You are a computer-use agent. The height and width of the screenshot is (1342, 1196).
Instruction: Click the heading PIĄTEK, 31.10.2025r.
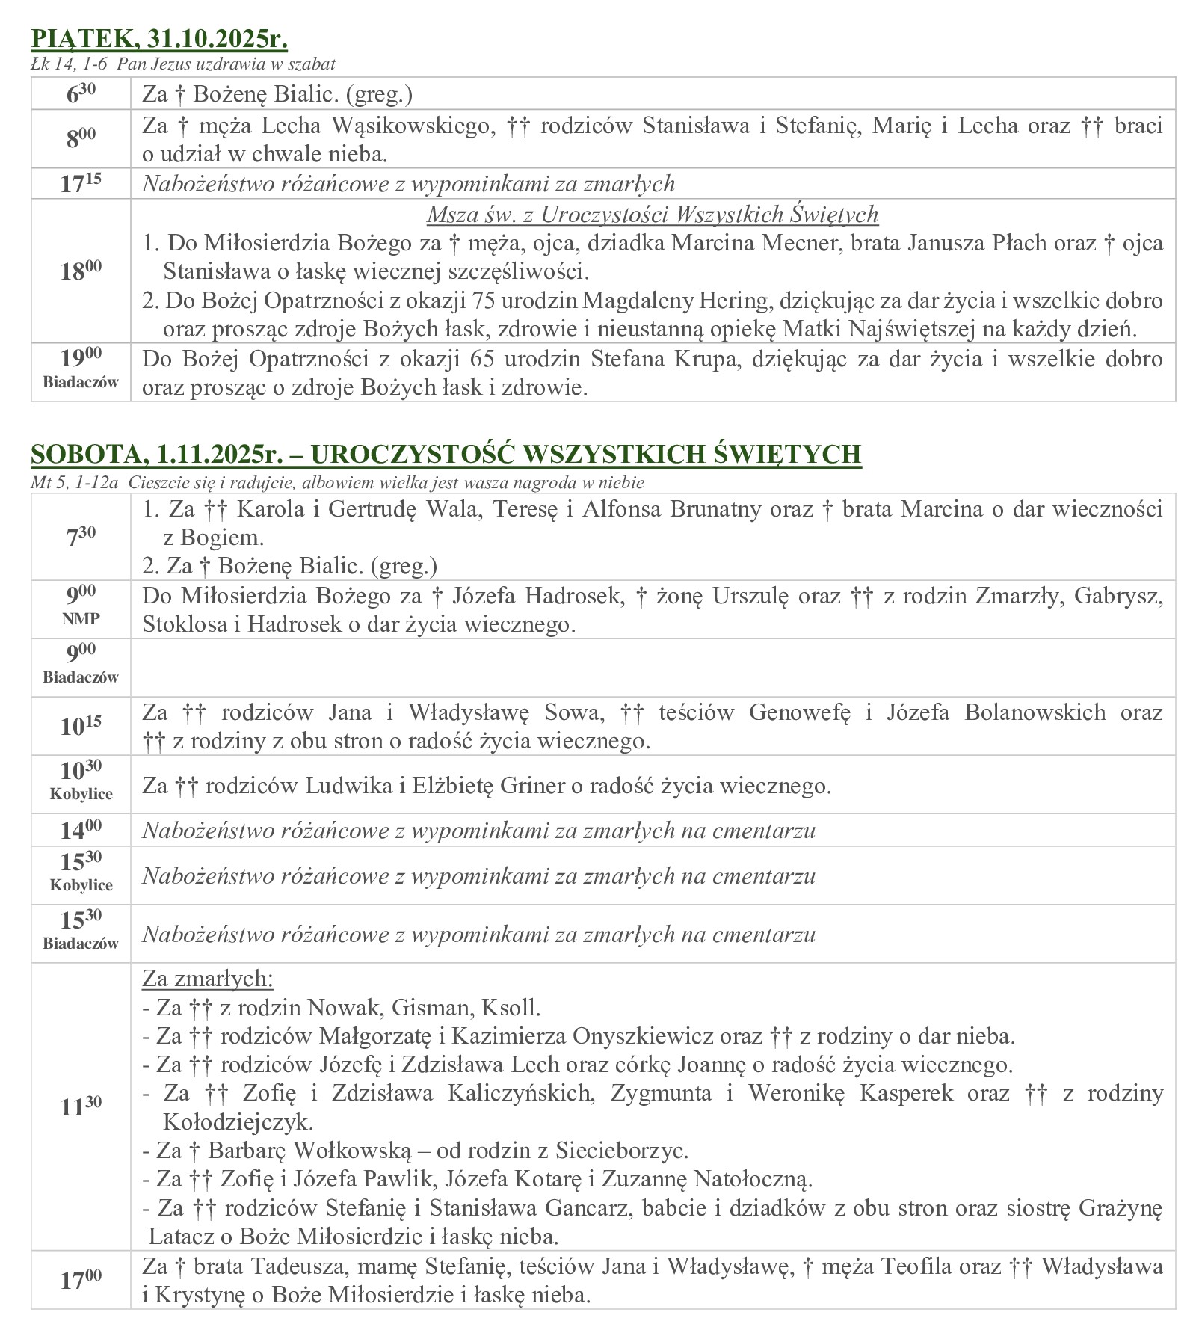[158, 39]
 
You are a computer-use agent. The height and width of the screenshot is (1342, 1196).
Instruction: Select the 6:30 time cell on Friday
[81, 93]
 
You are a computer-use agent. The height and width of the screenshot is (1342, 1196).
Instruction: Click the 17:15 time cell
[81, 184]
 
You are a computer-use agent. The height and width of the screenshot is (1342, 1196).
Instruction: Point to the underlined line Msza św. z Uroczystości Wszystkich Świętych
[652, 215]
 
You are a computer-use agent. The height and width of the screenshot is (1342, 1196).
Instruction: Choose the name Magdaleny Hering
[676, 300]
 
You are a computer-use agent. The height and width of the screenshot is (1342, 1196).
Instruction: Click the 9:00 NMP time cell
[81, 609]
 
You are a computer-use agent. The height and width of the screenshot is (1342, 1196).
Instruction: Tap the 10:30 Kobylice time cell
[81, 784]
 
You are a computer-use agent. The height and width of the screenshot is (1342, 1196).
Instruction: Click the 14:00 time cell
[81, 830]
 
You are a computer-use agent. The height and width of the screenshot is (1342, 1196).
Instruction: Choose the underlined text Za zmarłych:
[208, 978]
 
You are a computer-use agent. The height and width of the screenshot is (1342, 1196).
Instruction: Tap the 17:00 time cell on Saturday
[81, 1280]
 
